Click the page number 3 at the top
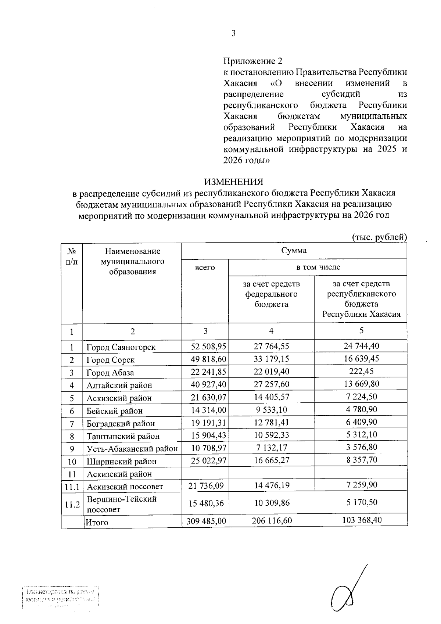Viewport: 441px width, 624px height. coord(233,34)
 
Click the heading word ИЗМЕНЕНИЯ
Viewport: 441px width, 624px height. coord(234,182)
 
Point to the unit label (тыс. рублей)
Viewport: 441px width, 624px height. coord(380,237)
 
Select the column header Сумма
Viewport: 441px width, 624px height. coord(294,251)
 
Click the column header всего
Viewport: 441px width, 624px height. coord(205,268)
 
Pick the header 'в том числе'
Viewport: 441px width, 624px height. coord(318,267)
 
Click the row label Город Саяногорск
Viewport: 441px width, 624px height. coord(121,347)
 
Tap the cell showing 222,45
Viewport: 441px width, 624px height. coord(361,371)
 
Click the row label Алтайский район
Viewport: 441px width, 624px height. coord(119,385)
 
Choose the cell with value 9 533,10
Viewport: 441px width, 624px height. coord(271,409)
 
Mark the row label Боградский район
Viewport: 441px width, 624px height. coord(121,423)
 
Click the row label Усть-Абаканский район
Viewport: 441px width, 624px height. coord(132,449)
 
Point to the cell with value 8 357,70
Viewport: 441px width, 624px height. coord(361,460)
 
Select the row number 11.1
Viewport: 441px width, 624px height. coord(72,487)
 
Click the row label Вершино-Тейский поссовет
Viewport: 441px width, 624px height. coord(121,504)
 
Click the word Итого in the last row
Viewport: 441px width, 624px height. coord(97,522)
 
